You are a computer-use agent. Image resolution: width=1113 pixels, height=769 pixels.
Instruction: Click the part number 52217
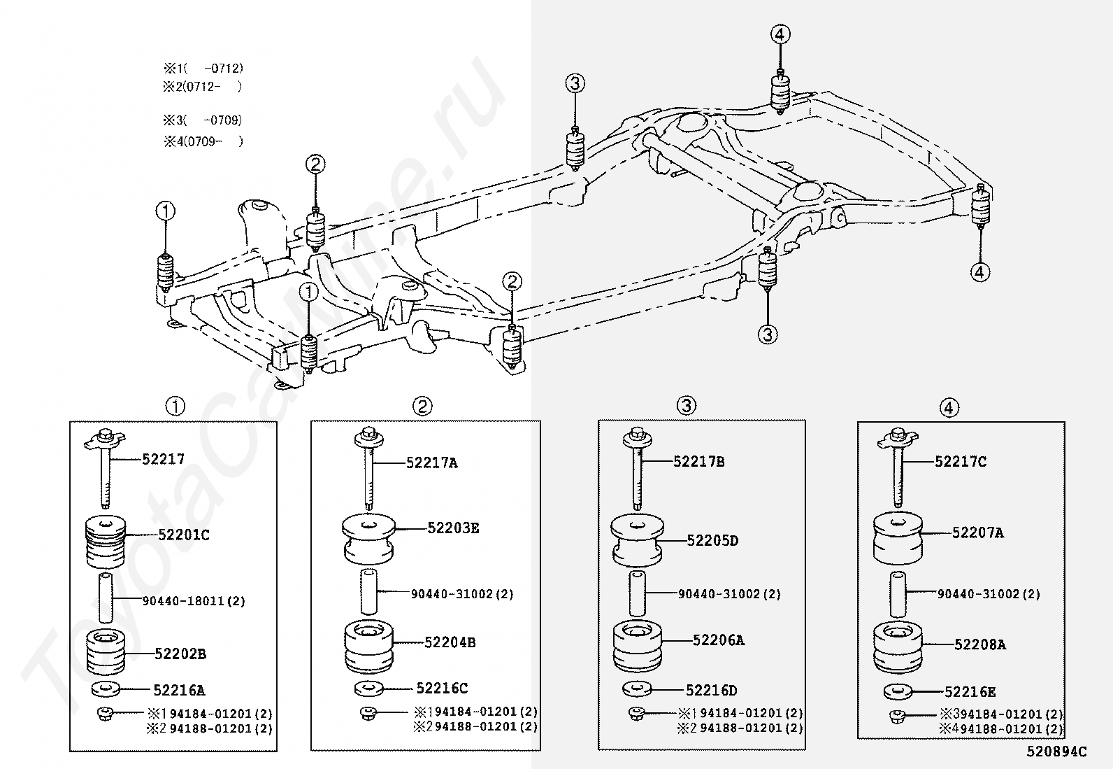(x=163, y=459)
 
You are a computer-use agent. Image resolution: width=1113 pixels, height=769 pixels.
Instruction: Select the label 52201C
(x=183, y=535)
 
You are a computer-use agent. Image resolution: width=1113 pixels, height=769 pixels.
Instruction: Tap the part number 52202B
(x=180, y=654)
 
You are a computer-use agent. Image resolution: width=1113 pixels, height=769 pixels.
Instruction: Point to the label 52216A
(x=179, y=691)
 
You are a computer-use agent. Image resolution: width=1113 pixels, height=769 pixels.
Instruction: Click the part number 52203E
(x=453, y=528)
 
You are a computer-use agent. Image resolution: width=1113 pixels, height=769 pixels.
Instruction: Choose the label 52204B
(x=450, y=642)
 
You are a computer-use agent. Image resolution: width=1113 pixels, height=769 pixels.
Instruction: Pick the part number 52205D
(x=712, y=540)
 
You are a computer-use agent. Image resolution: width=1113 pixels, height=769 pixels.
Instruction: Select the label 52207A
(x=977, y=532)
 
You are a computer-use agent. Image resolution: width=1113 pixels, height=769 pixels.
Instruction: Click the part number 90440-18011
(x=194, y=601)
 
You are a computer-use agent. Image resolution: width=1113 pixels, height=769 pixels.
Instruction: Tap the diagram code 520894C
(x=1056, y=752)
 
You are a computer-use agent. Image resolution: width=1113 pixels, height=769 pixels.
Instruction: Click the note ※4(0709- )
(x=203, y=141)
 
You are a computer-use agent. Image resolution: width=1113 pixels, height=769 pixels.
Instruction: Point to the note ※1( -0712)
(x=203, y=69)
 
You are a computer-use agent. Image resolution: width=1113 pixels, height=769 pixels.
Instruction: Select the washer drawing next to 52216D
(x=636, y=689)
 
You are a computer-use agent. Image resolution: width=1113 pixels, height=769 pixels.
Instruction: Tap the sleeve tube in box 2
(x=368, y=592)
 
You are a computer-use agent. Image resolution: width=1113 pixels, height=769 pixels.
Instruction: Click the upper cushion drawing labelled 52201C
(x=106, y=541)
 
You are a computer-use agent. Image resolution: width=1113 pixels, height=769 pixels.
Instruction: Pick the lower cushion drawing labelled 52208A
(x=897, y=647)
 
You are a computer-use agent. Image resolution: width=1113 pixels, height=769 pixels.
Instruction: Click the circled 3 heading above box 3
(x=687, y=405)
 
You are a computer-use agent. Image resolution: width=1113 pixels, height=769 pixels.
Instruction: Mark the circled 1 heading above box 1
(x=175, y=406)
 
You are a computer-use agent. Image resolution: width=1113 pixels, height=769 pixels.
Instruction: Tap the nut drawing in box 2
(x=368, y=714)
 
